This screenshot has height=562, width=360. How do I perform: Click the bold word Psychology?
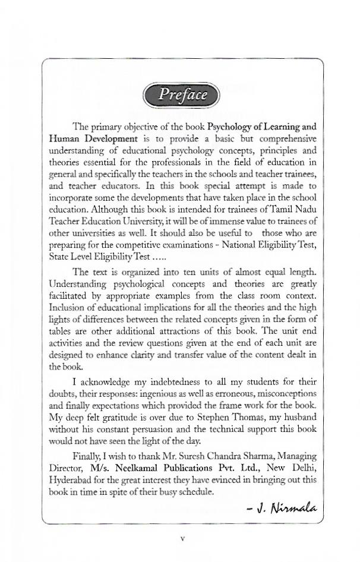(x=229, y=127)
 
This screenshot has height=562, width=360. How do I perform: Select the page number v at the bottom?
(x=182, y=538)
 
